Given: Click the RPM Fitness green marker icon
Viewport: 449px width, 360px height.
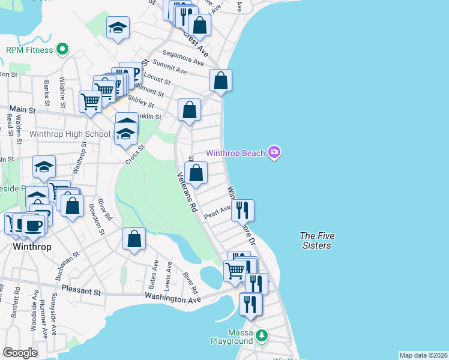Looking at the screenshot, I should pos(62,50).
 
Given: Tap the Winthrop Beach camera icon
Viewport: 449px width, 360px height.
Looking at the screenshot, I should pos(274,152).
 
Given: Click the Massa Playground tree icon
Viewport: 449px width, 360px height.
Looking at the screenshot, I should pos(261,334).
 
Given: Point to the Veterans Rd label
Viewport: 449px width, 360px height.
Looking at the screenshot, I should pos(187,193).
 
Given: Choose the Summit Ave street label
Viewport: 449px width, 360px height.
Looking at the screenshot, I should pos(170,66).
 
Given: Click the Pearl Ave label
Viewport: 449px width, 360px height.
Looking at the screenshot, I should pos(217,212).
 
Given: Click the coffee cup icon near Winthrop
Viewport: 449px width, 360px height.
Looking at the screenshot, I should pos(34,225).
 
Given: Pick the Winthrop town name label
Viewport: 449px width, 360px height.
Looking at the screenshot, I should pos(32,247).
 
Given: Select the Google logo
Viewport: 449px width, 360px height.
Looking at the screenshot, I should pos(20,353).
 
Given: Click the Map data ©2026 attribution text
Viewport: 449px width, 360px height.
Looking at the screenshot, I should pos(423,355).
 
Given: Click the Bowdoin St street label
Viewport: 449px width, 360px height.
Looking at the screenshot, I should pos(97,220).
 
